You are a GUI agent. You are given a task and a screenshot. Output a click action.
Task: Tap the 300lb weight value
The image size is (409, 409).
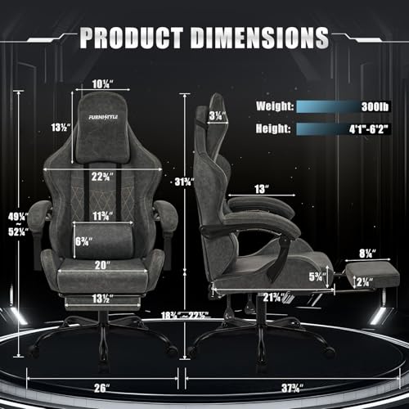click(383, 106)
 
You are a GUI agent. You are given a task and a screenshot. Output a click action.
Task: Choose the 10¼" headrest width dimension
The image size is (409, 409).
click(102, 83)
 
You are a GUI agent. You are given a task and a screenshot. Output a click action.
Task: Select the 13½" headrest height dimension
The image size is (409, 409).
click(56, 128)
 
